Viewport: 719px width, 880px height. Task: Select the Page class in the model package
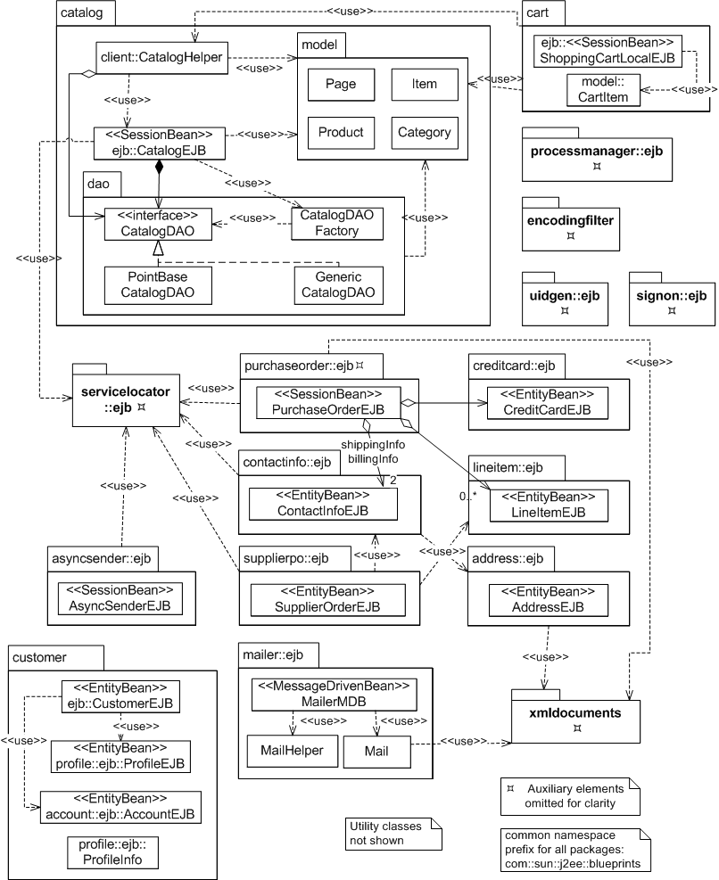pos(341,85)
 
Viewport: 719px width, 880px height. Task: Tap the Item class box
pos(425,85)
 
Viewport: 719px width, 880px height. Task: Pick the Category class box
pos(425,133)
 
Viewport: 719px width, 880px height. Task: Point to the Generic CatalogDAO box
pos(337,284)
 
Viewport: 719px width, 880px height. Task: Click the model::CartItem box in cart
pos(604,91)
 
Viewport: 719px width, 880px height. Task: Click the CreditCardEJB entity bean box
pos(548,402)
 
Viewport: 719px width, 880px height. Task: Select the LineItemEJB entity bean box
pos(548,505)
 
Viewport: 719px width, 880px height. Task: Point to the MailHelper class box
pos(286,751)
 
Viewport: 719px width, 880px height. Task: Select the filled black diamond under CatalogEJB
pos(159,167)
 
